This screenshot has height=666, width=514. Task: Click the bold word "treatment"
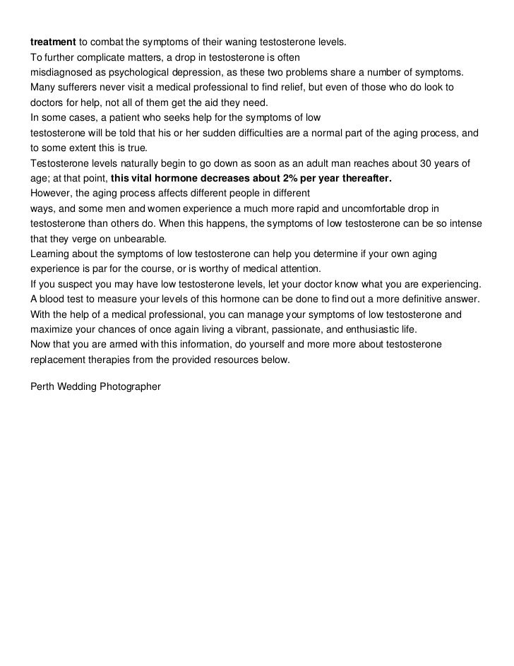pyautogui.click(x=52, y=42)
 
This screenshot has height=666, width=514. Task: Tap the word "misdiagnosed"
pyautogui.click(x=61, y=73)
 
